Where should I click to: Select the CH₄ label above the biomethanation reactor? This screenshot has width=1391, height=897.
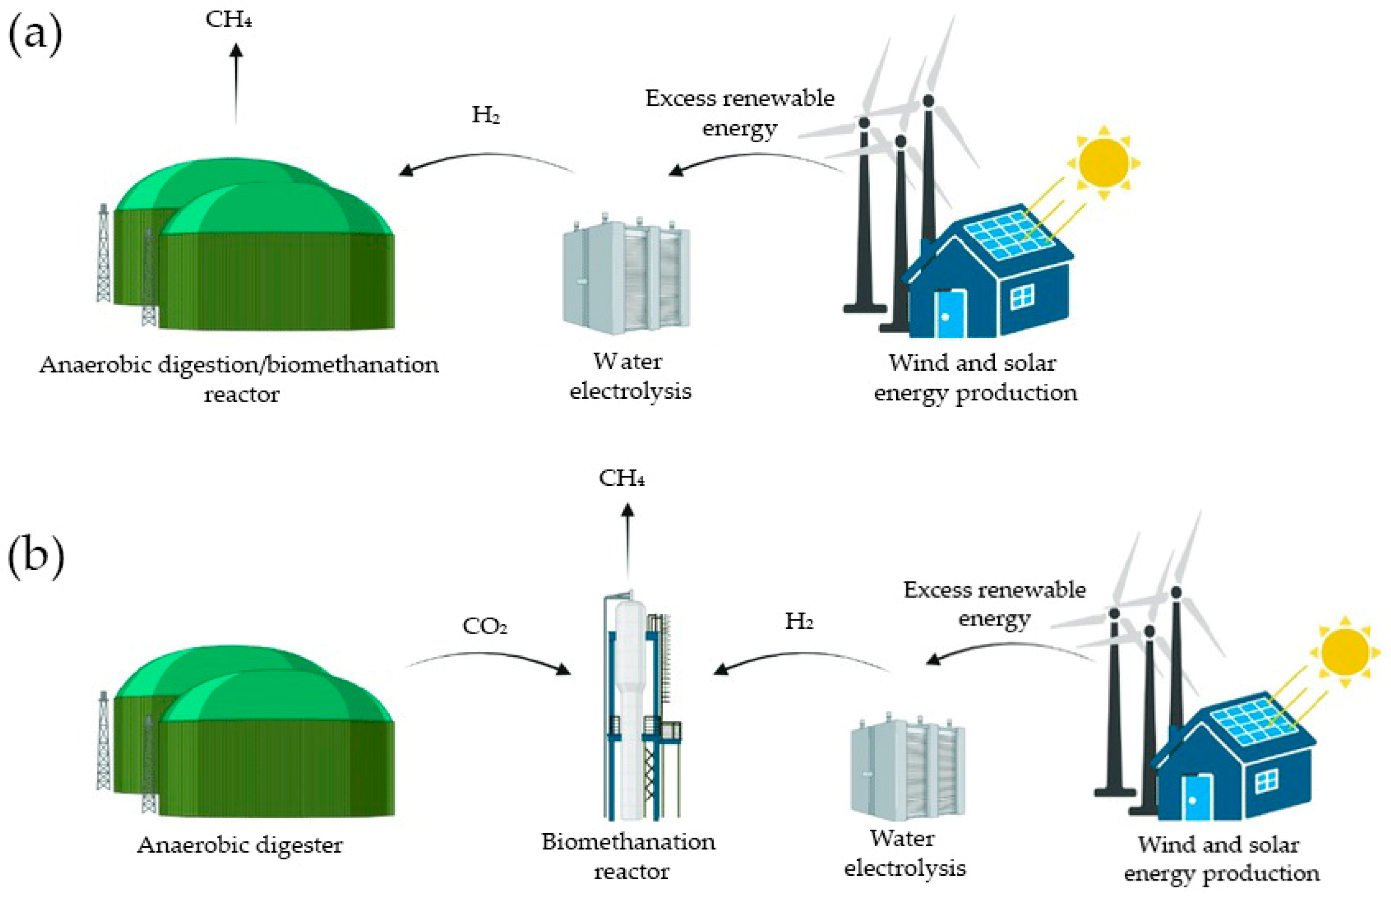pos(621,479)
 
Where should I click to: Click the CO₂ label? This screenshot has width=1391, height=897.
pos(485,626)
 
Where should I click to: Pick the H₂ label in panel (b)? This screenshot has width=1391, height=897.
pos(799,622)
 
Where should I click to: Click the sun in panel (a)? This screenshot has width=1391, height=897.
pos(1104,162)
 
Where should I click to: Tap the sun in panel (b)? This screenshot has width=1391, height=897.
pos(1345,651)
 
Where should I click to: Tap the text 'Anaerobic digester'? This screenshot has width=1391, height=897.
pos(240,845)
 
